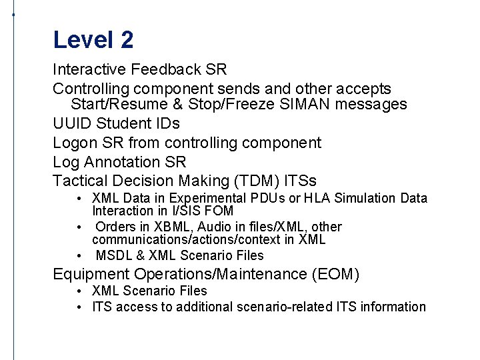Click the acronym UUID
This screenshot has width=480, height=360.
(72, 124)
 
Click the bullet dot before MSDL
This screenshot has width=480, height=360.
(79, 256)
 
